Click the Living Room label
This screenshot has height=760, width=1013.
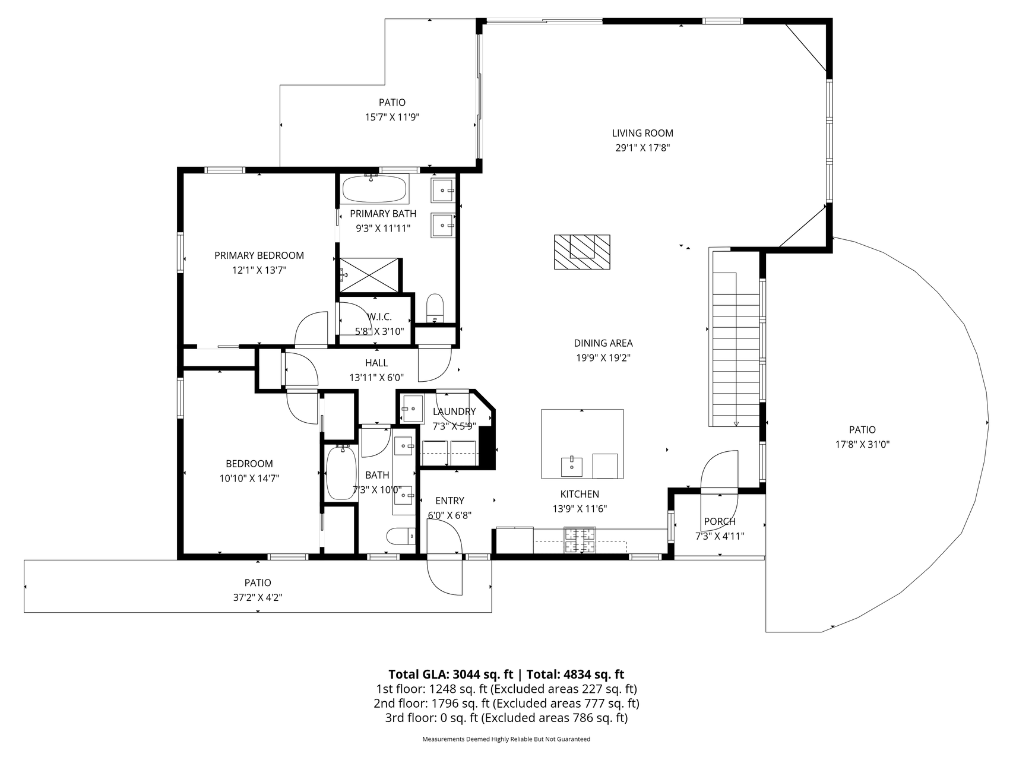(642, 133)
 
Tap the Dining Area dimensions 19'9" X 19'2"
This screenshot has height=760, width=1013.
(603, 357)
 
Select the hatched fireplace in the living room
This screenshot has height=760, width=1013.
(583, 252)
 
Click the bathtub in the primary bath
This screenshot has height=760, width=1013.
(375, 188)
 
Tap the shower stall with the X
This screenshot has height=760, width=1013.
(369, 275)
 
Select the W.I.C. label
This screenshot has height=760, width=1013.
(379, 316)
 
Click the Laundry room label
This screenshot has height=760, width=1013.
(454, 411)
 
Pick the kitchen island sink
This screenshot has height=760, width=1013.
(572, 467)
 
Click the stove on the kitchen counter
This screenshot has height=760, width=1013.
(580, 540)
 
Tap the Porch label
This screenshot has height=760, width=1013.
(720, 521)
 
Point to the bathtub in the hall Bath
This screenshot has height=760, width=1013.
(341, 473)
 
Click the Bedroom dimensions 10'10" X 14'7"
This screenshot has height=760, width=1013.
(249, 478)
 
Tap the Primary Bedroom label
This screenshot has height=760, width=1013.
(259, 255)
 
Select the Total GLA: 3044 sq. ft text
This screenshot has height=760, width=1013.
(451, 674)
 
